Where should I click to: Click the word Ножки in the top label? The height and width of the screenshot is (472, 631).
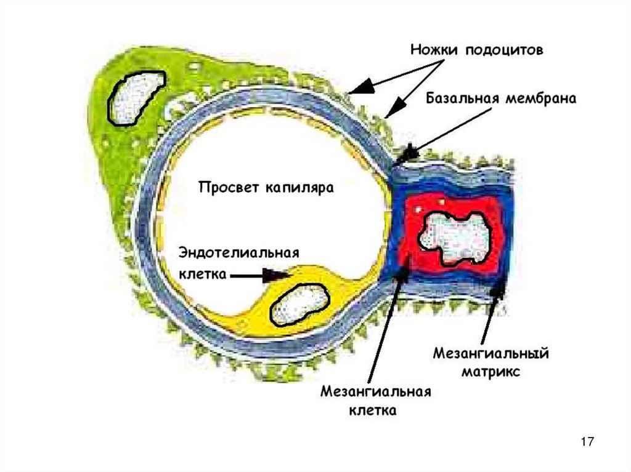click(434, 50)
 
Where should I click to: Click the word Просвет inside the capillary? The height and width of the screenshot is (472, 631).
click(229, 186)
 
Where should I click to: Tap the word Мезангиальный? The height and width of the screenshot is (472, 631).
click(491, 354)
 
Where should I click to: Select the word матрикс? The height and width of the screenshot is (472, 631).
click(491, 372)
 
